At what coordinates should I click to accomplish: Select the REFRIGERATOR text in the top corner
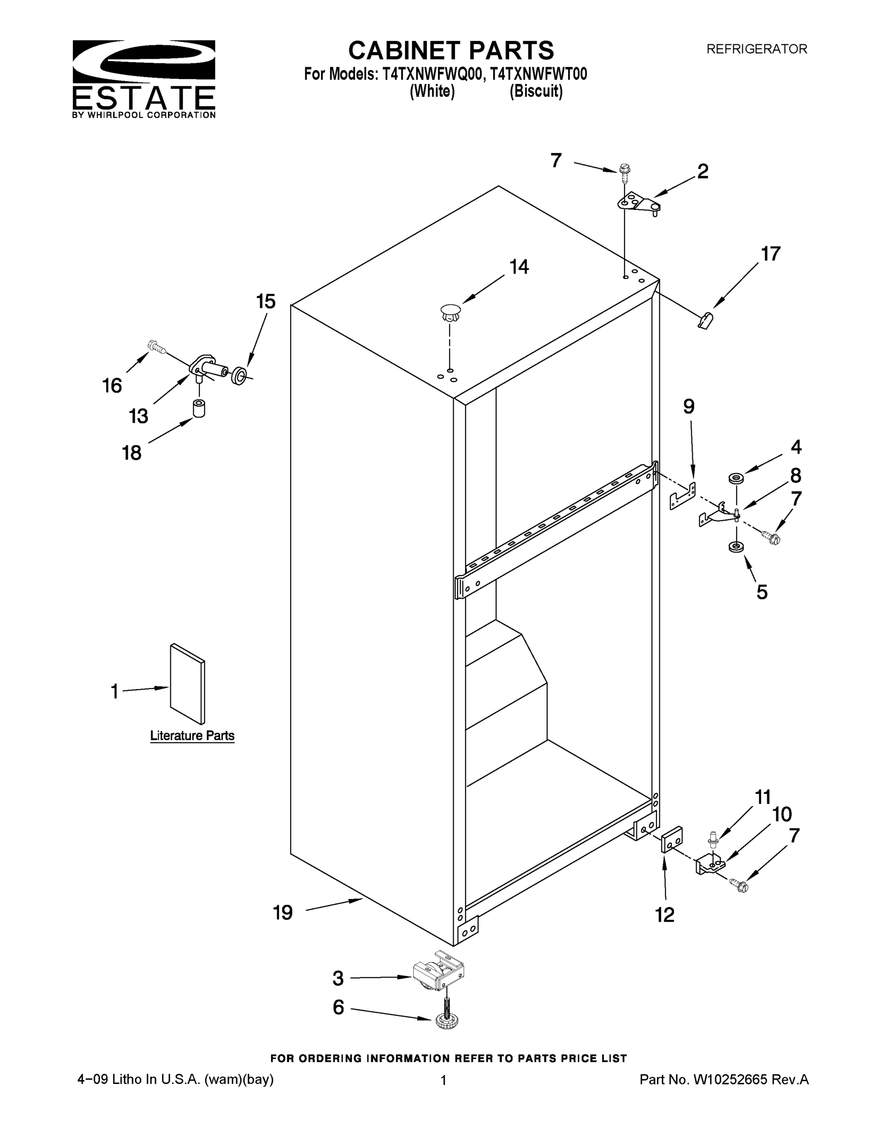757,49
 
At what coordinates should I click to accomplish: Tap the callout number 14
519,267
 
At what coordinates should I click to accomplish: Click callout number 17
770,254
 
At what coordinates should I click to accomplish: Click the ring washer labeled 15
239,375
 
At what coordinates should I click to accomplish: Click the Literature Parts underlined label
192,736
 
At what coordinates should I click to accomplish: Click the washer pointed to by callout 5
736,547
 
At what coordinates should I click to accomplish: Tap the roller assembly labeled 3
438,977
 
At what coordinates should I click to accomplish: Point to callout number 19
283,913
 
